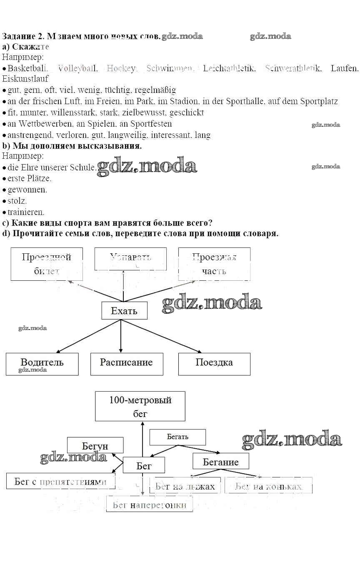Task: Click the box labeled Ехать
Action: pos(124,310)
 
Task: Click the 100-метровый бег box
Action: pos(140,406)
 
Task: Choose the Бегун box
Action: pos(95,445)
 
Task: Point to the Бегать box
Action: pos(177,437)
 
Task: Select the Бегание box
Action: pos(220,461)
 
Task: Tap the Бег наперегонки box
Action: pos(149,505)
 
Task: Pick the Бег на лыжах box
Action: pos(185,486)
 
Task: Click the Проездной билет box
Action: pos(46,264)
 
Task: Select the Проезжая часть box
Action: pos(214,264)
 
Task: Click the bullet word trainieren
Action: pos(26,212)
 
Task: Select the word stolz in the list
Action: pos(17,200)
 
